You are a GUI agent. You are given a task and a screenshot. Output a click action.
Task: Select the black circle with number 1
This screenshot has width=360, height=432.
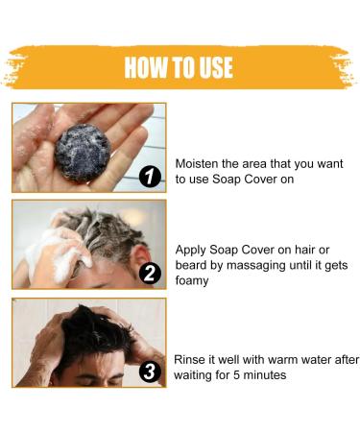tap(150, 177)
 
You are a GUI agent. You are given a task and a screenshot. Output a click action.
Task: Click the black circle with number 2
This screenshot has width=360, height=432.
tap(150, 274)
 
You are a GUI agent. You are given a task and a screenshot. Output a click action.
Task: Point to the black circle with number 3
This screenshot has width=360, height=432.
tap(150, 372)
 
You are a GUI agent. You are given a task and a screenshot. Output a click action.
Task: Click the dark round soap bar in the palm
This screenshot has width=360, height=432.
tap(83, 152)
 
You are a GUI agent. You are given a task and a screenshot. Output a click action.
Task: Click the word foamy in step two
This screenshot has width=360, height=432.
tap(192, 281)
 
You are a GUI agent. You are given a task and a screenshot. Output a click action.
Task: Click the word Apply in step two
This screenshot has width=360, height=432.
tap(190, 251)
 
